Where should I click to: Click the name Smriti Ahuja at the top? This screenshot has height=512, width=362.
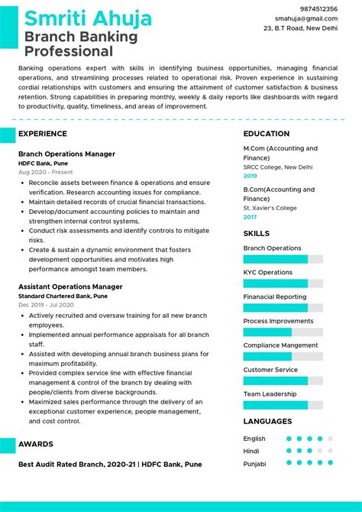point(88,18)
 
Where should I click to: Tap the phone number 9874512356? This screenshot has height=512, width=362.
point(317,8)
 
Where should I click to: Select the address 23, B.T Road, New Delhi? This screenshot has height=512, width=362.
point(300,28)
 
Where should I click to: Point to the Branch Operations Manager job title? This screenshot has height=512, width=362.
point(66,154)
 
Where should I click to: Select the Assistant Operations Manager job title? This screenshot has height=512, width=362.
point(70,287)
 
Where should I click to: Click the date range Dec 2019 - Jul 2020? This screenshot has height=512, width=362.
point(48,305)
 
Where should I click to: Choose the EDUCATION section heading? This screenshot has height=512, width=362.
point(267,134)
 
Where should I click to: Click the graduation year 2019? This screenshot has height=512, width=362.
point(250,176)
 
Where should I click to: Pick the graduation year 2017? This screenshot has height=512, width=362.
point(250,217)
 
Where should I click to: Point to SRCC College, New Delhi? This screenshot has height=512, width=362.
point(278,167)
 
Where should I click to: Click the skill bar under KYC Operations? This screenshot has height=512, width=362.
point(283,284)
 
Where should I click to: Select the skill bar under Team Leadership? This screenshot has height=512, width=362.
point(283,405)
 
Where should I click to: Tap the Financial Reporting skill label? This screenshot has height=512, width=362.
point(275,297)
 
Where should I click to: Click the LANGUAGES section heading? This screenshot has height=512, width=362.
point(267,421)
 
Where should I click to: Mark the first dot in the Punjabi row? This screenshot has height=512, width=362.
point(289,462)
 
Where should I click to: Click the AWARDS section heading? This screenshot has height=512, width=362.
point(36,444)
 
